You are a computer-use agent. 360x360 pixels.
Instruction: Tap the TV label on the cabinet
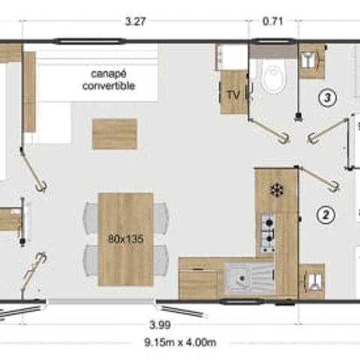232,94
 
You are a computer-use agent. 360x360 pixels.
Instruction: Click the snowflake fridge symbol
277,190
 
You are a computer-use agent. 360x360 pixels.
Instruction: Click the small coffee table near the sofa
114,133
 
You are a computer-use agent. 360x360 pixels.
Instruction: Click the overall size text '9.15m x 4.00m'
180,343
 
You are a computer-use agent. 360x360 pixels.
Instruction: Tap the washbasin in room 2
311,280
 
